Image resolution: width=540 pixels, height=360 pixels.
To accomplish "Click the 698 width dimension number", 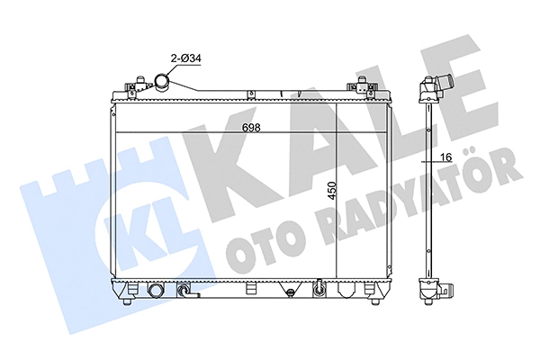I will click(252, 128).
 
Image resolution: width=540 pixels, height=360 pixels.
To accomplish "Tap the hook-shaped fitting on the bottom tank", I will click(185, 292).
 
